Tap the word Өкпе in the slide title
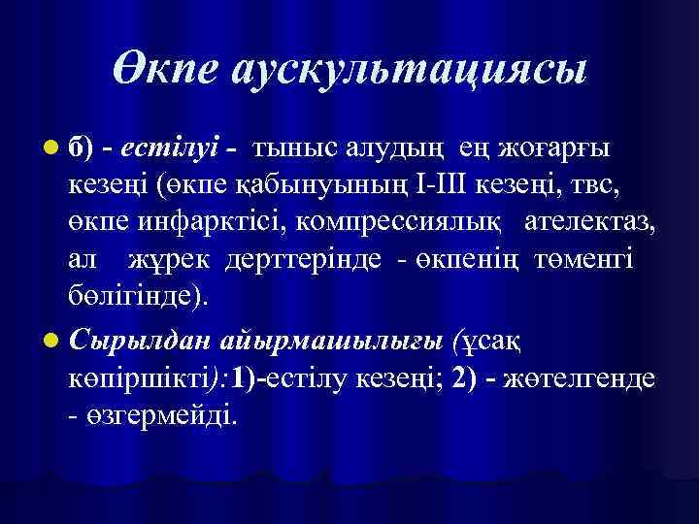171,71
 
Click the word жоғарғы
557,147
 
